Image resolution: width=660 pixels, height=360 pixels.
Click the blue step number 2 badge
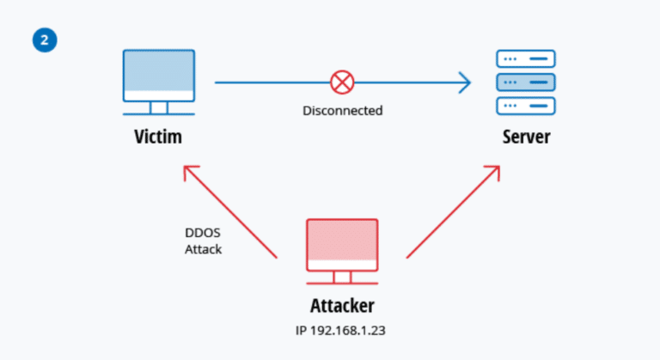tap(45, 40)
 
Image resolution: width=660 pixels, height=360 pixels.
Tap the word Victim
tap(158, 137)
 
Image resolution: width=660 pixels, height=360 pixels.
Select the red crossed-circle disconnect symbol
tap(342, 83)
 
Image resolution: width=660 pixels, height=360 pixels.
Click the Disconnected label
tap(342, 111)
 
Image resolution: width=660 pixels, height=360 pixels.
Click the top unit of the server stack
tap(526, 59)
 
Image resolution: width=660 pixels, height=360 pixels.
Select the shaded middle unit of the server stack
tap(526, 82)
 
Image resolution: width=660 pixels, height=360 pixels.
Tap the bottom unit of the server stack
tap(526, 106)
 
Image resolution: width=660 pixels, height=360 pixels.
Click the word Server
tap(526, 137)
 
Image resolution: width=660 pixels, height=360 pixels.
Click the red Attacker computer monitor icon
tap(342, 244)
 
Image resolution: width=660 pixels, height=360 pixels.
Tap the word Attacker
tap(342, 305)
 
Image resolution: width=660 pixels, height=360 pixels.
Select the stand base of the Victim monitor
tap(158, 112)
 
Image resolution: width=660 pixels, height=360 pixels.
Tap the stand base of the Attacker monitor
tap(342, 282)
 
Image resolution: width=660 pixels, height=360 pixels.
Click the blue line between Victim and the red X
tap(271, 83)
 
